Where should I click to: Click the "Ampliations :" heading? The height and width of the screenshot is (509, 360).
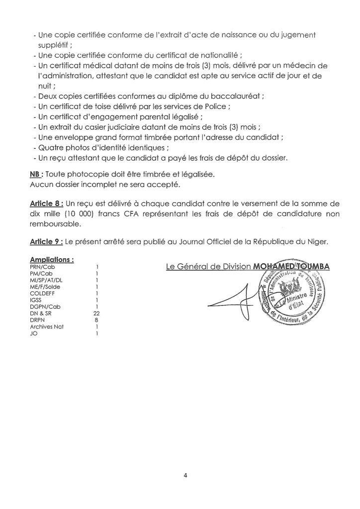click(x=52, y=259)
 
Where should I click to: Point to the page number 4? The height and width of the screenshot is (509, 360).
click(x=184, y=475)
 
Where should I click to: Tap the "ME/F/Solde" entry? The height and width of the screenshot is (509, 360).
click(x=45, y=286)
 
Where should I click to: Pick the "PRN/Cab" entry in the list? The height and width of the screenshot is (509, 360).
click(x=41, y=266)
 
